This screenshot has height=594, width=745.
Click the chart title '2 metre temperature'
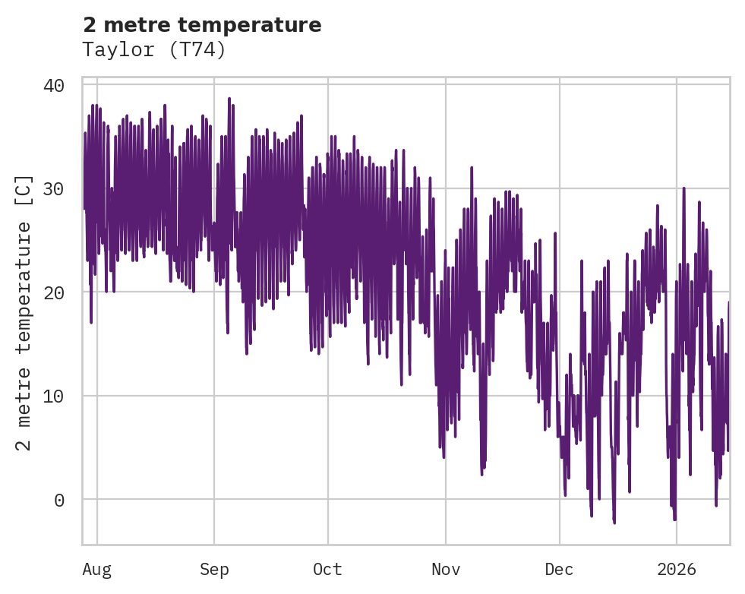tap(202, 25)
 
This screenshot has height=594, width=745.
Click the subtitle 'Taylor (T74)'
tap(154, 50)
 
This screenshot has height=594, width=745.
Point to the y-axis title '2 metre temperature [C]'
tap(24, 312)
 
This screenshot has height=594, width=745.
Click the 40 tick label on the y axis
tap(52, 85)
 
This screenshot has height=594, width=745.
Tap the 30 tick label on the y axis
tap(52, 188)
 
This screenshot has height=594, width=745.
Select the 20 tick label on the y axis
tap(52, 292)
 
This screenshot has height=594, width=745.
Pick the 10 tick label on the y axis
tap(52, 396)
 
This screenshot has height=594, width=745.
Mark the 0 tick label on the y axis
tap(57, 500)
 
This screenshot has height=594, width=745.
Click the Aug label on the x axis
tap(97, 570)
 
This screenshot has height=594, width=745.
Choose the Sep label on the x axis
tap(214, 570)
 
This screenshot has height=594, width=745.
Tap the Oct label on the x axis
tap(328, 570)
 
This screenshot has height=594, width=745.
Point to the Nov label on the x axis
tap(446, 570)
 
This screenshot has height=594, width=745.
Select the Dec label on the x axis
tap(560, 570)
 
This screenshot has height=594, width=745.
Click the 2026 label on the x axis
tap(677, 570)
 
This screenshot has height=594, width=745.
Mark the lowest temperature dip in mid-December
tap(614, 522)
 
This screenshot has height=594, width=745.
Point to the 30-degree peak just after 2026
tap(683, 188)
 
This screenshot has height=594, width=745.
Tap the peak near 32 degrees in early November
tap(472, 168)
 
